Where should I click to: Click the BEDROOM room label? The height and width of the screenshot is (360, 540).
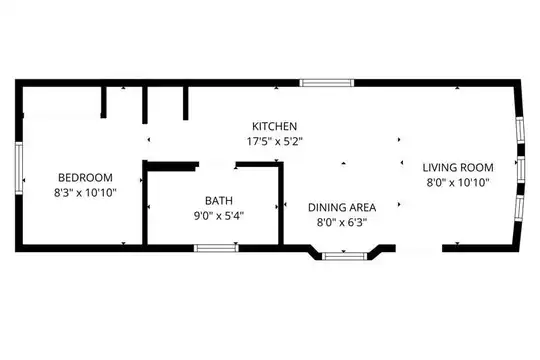point(85,177)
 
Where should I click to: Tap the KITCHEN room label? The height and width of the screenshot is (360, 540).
point(274,126)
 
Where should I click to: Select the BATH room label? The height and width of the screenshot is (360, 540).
point(219,200)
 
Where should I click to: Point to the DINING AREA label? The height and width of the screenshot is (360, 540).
point(342,207)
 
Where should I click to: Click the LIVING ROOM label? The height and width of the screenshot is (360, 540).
point(458,168)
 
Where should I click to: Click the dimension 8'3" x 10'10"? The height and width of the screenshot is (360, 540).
point(85,193)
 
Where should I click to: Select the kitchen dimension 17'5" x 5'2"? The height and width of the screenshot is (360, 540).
point(274,141)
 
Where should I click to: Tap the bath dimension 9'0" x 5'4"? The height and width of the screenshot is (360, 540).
point(219,216)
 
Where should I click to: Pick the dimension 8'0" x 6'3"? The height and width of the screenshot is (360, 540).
point(342,223)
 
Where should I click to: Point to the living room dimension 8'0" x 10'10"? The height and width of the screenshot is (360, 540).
point(458,183)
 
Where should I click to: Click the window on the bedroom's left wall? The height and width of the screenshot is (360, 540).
point(19,168)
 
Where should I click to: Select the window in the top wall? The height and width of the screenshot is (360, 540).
point(326,83)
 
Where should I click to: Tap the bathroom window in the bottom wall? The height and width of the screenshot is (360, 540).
point(216,248)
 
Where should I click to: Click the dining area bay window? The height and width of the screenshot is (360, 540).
point(344,256)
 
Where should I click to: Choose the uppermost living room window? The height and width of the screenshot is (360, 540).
point(520,130)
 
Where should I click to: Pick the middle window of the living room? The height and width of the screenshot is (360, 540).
point(521,169)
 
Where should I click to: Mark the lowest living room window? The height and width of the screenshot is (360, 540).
point(519,208)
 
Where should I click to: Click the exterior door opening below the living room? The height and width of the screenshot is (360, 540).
point(419,248)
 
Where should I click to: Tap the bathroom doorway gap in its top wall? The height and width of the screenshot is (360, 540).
point(218,164)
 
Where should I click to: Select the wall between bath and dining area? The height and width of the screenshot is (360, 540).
point(281,205)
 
